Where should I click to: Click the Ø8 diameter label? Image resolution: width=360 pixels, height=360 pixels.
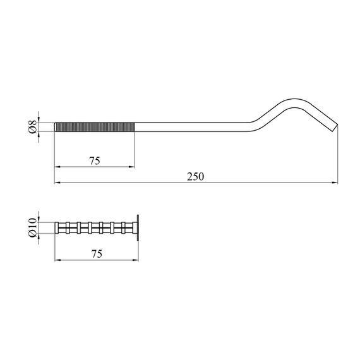click(33, 127)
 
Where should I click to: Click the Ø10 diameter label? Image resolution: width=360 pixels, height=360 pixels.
click(33, 228)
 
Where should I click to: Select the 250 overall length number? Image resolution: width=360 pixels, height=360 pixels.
click(195, 177)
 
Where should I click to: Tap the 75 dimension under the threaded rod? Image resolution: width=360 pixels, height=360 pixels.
click(95, 161)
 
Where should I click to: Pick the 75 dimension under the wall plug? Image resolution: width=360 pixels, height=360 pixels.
click(97, 254)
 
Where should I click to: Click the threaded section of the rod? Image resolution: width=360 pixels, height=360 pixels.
click(95, 127)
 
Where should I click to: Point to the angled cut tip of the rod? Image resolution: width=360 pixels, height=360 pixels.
click(335, 128)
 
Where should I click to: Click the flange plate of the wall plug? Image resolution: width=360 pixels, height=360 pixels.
click(138, 228)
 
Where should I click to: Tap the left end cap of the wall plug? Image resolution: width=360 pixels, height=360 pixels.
click(56, 228)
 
